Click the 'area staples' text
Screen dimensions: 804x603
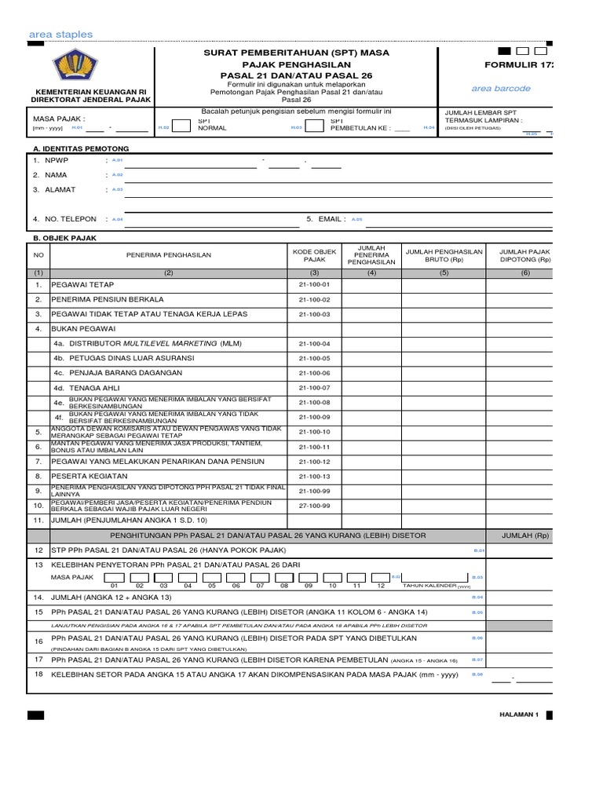pos(60,35)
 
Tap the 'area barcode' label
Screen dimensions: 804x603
pos(501,89)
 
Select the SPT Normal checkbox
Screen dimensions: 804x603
pos(180,126)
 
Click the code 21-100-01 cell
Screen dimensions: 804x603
pos(314,284)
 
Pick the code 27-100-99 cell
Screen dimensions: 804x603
pos(314,506)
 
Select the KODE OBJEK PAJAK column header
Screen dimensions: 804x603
pos(314,254)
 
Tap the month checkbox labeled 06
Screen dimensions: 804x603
pos(236,577)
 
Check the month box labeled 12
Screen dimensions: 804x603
pos(381,577)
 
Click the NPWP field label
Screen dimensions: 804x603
pos(57,159)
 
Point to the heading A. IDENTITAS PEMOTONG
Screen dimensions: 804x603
pos(79,148)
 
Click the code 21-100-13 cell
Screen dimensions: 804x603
pos(314,477)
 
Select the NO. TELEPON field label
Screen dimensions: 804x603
pos(70,219)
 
